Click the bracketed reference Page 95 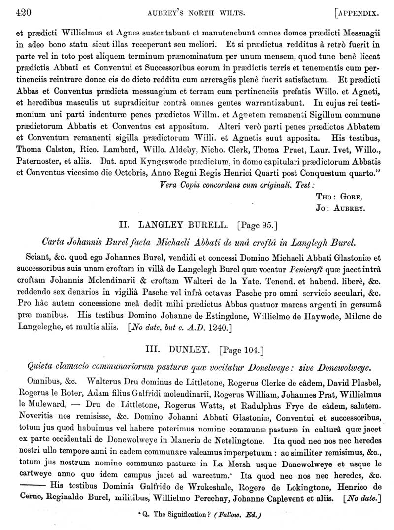[x=258, y=226]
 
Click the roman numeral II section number [x=125, y=226]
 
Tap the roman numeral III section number [x=153, y=350]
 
